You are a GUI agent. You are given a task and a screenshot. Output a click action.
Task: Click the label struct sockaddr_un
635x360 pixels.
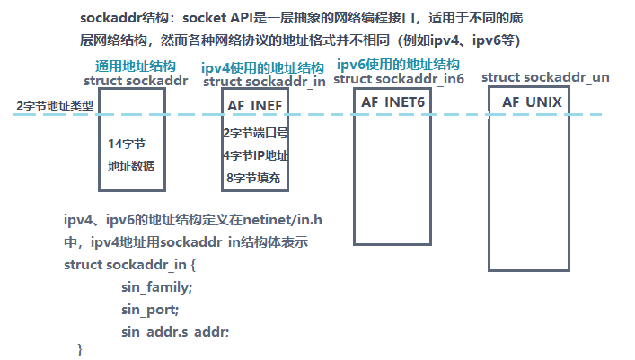pos(545,78)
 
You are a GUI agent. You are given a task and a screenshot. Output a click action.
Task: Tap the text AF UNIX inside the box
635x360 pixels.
pos(532,102)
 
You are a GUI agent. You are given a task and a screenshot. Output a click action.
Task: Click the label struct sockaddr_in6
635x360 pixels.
pos(398,79)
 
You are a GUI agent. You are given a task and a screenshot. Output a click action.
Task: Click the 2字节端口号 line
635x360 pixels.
pos(255,134)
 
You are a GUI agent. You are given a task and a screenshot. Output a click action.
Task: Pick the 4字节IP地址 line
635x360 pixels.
pos(255,155)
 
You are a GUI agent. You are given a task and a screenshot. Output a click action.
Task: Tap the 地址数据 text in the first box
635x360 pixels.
pos(131,165)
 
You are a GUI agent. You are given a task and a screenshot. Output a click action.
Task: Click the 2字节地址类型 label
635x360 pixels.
pos(56,107)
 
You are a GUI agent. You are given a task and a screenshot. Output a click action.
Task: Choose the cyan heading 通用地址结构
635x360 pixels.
pos(136,67)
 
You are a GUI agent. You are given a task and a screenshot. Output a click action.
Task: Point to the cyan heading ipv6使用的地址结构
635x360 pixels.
pos(398,65)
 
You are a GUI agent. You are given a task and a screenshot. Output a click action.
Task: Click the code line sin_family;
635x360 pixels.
pos(156,287)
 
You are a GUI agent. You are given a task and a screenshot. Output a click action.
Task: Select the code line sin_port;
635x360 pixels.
pos(150,310)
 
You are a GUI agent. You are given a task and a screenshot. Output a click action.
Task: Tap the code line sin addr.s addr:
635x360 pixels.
pos(175,332)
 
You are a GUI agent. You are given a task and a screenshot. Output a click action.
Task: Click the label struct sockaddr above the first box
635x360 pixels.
pos(135,81)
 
